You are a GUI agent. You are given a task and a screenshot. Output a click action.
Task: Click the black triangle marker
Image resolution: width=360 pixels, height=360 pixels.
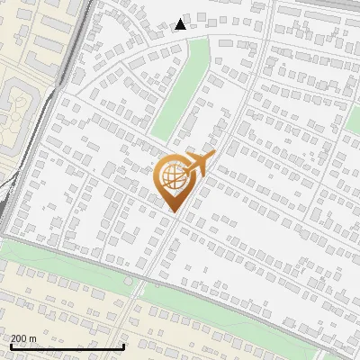coord(181,24)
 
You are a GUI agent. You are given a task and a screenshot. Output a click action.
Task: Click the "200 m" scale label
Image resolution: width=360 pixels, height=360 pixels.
coord(23,338)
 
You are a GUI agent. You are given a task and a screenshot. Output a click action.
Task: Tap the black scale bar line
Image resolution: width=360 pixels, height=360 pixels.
coord(67,347)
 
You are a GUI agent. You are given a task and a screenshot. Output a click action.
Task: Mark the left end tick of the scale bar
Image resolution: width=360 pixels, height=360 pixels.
coord(10,346)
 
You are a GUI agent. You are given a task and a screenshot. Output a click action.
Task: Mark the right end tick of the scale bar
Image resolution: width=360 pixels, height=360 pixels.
coord(123,346)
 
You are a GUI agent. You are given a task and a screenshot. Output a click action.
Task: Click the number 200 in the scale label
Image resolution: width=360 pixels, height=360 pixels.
coord(19,338)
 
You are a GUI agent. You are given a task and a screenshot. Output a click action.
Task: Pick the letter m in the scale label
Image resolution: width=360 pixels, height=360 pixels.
coord(32,338)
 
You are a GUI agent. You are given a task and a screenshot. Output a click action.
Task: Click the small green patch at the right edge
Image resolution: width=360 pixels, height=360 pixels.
coord(354,121)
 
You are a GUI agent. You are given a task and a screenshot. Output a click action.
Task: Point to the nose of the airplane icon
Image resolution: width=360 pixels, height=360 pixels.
coord(214,156)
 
